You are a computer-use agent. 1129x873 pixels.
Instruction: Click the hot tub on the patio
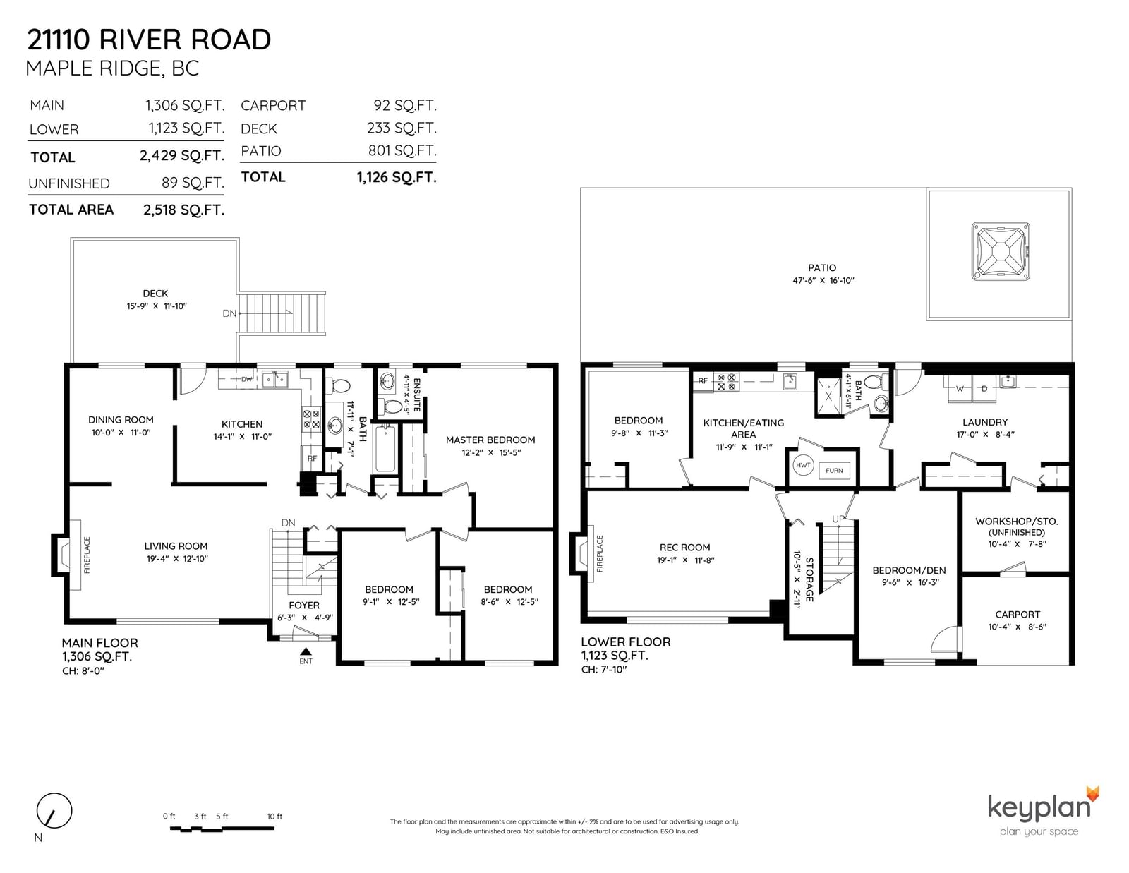[x=1000, y=251]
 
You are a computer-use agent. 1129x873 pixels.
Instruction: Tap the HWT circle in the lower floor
[x=803, y=465]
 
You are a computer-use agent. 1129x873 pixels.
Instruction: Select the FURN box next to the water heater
[x=834, y=470]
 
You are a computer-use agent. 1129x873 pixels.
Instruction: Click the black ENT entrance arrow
[x=306, y=651]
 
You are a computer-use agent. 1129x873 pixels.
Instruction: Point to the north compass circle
[x=54, y=810]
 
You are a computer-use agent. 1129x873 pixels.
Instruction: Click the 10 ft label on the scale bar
[x=274, y=817]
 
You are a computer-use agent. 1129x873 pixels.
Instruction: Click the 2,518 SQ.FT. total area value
[x=184, y=210]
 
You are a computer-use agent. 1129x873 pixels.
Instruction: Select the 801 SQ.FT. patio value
[x=402, y=151]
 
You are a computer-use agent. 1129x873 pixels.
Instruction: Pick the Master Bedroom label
[x=490, y=440]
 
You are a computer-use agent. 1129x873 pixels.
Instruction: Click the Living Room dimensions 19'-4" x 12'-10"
[x=177, y=559]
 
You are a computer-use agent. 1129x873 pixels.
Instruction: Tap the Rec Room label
[x=684, y=547]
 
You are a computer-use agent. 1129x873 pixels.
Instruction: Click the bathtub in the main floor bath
[x=385, y=448]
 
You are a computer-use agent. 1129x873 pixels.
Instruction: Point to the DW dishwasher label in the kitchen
[x=246, y=380]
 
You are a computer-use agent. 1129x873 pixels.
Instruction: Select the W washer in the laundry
[x=960, y=388]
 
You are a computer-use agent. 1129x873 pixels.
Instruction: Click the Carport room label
[x=1017, y=614]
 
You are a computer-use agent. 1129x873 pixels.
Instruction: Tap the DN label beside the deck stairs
[x=229, y=313]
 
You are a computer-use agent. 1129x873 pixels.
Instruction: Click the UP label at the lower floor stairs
[x=838, y=519]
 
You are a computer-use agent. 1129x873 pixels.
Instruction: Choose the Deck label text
[x=155, y=294]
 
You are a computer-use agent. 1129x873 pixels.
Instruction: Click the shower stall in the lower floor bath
[x=828, y=397]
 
